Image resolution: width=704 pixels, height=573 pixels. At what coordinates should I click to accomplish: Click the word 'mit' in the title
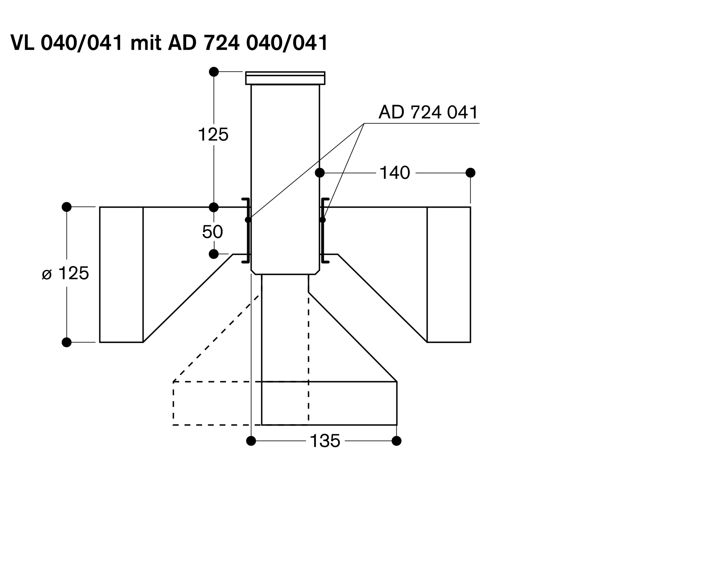click(x=146, y=43)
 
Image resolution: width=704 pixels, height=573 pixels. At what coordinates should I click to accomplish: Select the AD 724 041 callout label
click(x=428, y=112)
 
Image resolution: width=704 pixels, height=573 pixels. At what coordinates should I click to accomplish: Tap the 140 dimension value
click(x=395, y=173)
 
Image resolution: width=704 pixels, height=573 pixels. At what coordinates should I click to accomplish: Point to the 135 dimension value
click(x=325, y=441)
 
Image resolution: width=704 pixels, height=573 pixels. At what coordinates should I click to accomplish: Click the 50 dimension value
click(x=212, y=232)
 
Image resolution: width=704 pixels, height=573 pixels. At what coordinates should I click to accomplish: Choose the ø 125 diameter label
click(x=65, y=273)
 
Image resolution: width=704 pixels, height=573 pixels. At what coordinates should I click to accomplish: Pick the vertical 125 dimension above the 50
click(x=213, y=134)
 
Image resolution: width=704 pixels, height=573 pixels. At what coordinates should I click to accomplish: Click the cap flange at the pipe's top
click(x=285, y=78)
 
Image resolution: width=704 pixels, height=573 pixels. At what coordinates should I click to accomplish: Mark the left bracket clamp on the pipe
click(x=246, y=231)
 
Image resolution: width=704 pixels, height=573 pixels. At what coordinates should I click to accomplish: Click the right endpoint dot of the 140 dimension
click(x=470, y=173)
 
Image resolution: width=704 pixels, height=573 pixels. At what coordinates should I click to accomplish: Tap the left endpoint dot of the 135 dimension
click(x=251, y=441)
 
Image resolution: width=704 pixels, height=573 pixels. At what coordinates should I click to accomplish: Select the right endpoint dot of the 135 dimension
click(x=397, y=441)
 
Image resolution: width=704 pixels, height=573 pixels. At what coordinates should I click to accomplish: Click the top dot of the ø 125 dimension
click(x=67, y=207)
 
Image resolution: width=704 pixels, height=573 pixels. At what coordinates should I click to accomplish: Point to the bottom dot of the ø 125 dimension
click(x=67, y=342)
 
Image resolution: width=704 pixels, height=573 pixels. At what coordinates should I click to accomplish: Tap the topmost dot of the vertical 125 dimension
click(x=214, y=72)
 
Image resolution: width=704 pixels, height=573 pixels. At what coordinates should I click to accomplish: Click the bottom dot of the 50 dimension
click(x=214, y=254)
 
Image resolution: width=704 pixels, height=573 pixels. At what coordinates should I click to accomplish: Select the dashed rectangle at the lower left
click(x=173, y=403)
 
